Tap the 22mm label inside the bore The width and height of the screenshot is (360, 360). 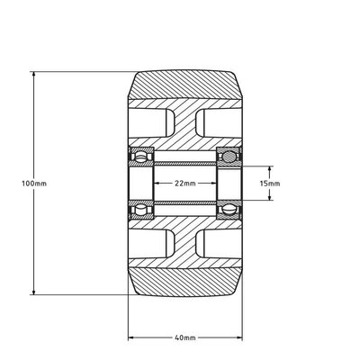coord(184,183)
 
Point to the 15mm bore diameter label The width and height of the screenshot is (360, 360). coord(269,183)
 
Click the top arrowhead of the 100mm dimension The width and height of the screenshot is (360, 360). coord(34,73)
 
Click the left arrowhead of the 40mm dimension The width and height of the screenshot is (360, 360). coord(131,337)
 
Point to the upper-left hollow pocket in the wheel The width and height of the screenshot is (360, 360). coord(152,124)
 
